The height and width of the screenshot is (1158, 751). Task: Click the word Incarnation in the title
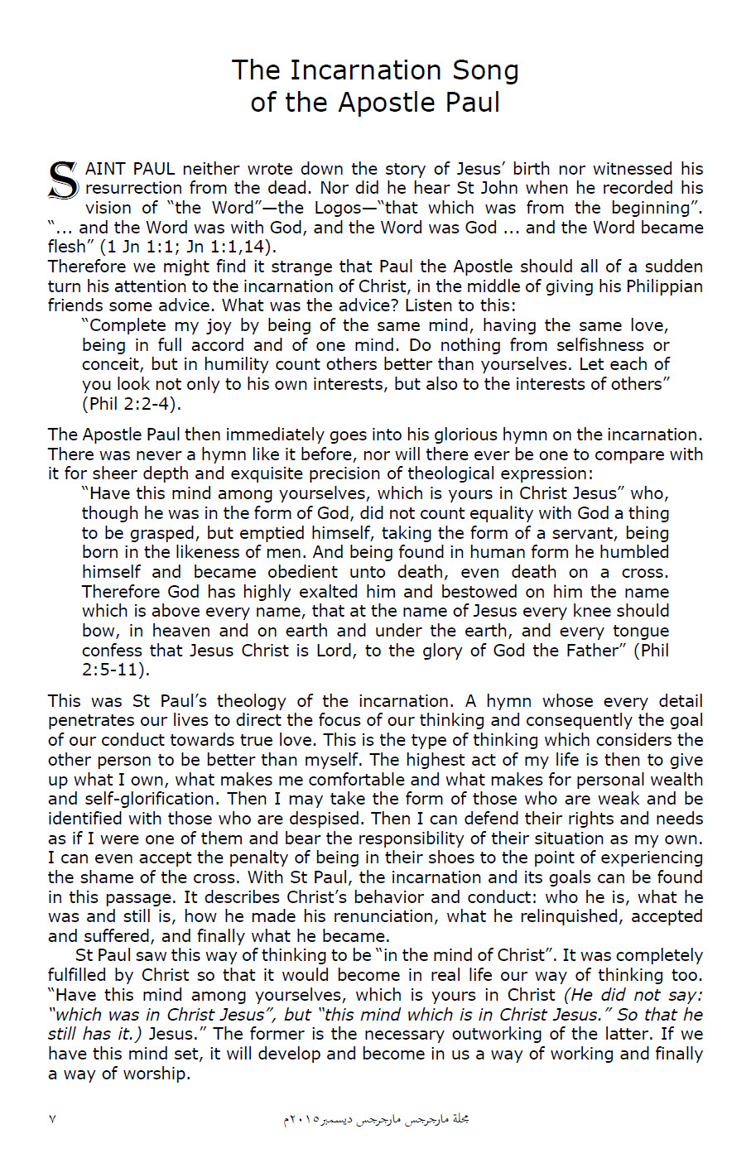[x=361, y=70]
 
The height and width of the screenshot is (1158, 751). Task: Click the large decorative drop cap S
[x=63, y=180]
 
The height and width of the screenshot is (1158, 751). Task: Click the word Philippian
[x=659, y=286]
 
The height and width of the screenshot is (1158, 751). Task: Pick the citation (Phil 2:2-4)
[x=131, y=404]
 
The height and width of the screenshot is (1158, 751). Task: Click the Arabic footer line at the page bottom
[x=376, y=1119]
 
